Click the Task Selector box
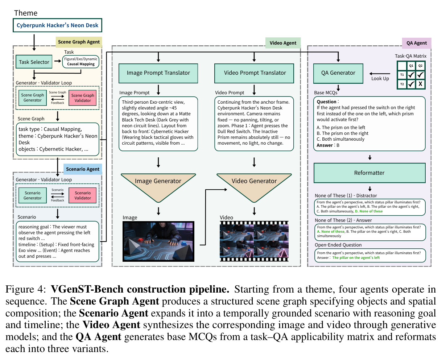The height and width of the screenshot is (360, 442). click(x=34, y=62)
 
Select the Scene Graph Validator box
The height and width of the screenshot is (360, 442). click(x=82, y=98)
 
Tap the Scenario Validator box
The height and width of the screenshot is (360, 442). click(x=82, y=195)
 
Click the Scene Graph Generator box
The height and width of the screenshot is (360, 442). click(x=32, y=98)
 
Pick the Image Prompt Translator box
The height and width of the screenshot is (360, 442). click(x=158, y=73)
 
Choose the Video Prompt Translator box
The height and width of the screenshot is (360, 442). click(x=254, y=73)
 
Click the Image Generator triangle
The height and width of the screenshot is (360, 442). click(x=158, y=185)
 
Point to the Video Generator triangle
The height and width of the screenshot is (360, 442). click(x=254, y=185)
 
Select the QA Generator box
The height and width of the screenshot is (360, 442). click(x=338, y=73)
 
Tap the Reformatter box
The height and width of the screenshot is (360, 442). click(x=369, y=173)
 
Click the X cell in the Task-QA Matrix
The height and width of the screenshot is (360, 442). click(x=420, y=84)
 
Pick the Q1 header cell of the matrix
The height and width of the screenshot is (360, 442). click(x=411, y=66)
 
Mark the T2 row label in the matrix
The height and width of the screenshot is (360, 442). click(x=402, y=84)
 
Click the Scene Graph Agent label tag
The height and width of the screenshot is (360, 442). click(x=79, y=42)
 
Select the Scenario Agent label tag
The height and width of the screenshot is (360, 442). click(x=83, y=169)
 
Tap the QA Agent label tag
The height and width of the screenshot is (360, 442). click(x=417, y=43)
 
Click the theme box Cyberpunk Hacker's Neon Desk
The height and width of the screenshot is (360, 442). click(x=58, y=25)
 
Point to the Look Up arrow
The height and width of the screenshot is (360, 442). click(x=380, y=74)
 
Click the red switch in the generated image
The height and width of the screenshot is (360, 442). click(x=140, y=240)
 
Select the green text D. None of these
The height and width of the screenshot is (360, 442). click(x=369, y=211)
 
